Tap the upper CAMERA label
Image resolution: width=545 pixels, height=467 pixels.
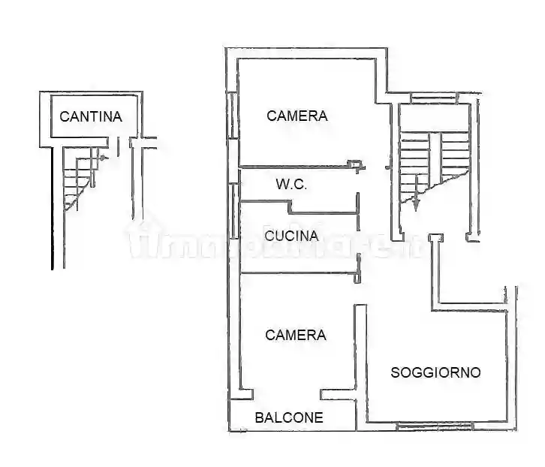point(297,116)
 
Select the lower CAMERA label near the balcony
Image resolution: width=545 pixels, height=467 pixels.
point(296,335)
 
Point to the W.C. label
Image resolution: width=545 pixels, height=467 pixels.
point(291,185)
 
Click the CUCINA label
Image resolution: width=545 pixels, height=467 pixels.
point(292,235)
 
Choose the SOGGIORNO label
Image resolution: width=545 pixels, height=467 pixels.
point(435,372)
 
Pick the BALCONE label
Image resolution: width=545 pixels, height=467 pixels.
point(289,417)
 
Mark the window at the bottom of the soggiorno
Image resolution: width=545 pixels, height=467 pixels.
point(434,427)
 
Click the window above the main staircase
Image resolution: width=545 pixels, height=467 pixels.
point(433,97)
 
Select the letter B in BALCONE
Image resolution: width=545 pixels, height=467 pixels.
point(259,417)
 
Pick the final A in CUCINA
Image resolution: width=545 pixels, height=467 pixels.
point(315,235)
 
